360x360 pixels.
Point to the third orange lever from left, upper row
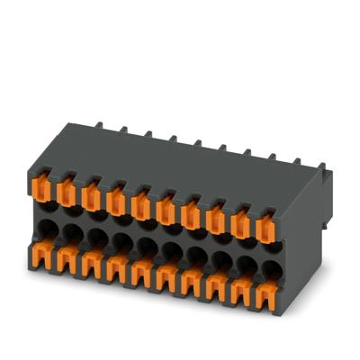92,195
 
